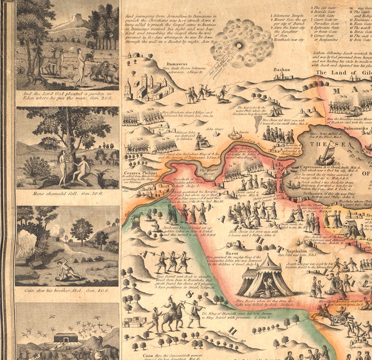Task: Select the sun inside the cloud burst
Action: [x=240, y=45]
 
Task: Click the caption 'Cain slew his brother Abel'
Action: [x=67, y=291]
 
